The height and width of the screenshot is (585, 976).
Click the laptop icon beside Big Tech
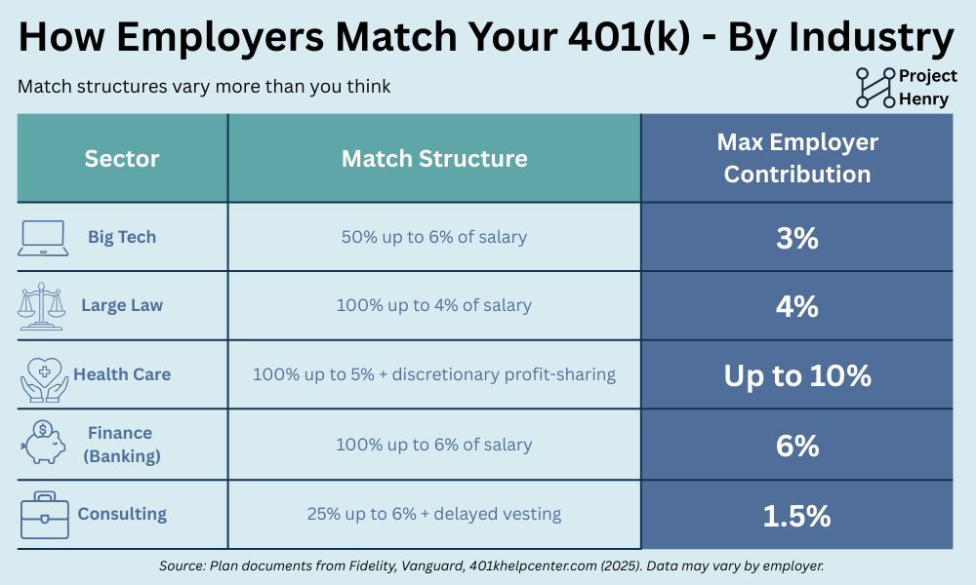pyautogui.click(x=43, y=238)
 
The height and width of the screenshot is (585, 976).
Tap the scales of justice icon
pyautogui.click(x=41, y=306)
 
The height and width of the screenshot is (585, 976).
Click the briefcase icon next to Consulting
pyautogui.click(x=44, y=516)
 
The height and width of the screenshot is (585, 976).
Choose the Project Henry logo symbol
pyautogui.click(x=875, y=88)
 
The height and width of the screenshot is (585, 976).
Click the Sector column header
pyautogui.click(x=122, y=159)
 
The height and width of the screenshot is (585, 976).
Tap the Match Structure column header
pyautogui.click(x=434, y=159)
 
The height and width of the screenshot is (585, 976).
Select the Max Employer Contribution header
pyautogui.click(x=797, y=158)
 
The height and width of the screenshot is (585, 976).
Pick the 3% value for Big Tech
pyautogui.click(x=797, y=238)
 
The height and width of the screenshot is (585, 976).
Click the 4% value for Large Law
pyautogui.click(x=797, y=306)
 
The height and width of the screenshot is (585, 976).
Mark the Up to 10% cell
pyautogui.click(x=797, y=375)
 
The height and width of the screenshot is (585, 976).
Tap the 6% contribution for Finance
pyautogui.click(x=797, y=446)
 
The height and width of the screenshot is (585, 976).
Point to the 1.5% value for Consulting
pyautogui.click(x=797, y=516)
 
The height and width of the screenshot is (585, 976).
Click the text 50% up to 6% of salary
pyautogui.click(x=434, y=237)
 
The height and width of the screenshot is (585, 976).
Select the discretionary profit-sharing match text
pyautogui.click(x=434, y=374)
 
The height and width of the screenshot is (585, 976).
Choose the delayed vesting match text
pyautogui.click(x=434, y=514)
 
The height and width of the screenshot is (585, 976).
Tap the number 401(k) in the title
pyautogui.click(x=630, y=37)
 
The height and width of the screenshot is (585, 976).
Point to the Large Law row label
pyautogui.click(x=122, y=305)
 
